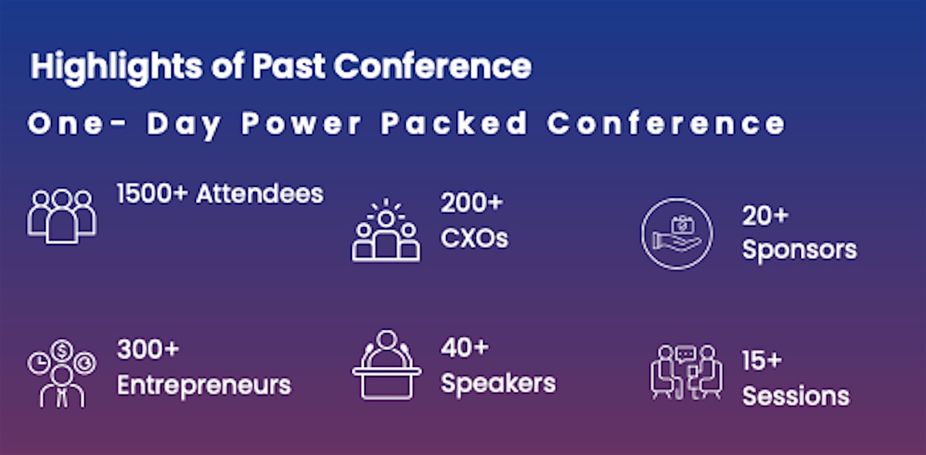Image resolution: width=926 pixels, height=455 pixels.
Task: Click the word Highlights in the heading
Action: pyautogui.click(x=117, y=67)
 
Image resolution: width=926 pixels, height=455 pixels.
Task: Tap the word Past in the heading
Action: pyautogui.click(x=289, y=66)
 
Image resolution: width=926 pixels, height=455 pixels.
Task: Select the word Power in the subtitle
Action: pyautogui.click(x=302, y=123)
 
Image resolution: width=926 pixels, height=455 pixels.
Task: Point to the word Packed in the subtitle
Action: pyautogui.click(x=455, y=123)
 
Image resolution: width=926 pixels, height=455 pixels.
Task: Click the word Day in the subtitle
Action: pyautogui.click(x=184, y=124)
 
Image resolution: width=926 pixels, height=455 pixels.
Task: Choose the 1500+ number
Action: pyautogui.click(x=152, y=193)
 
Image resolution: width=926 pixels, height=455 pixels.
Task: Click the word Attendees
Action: pyautogui.click(x=260, y=193)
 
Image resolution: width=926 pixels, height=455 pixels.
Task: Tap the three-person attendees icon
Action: pyautogui.click(x=62, y=216)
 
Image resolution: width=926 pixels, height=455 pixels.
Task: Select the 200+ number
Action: pyautogui.click(x=471, y=202)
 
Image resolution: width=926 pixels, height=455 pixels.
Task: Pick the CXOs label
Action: pyautogui.click(x=475, y=238)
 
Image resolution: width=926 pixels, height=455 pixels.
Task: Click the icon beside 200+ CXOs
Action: pyautogui.click(x=386, y=230)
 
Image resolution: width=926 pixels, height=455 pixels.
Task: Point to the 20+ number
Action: pyautogui.click(x=765, y=216)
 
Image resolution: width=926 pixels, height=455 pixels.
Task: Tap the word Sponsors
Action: pyautogui.click(x=799, y=250)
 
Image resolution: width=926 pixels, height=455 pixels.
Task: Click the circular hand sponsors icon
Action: pyautogui.click(x=677, y=233)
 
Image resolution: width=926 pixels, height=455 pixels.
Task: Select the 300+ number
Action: pyautogui.click(x=148, y=349)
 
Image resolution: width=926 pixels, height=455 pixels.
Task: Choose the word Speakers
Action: pyautogui.click(x=498, y=384)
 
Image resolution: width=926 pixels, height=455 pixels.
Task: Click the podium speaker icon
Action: pyautogui.click(x=387, y=365)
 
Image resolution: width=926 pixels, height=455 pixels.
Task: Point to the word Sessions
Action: pyautogui.click(x=796, y=396)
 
